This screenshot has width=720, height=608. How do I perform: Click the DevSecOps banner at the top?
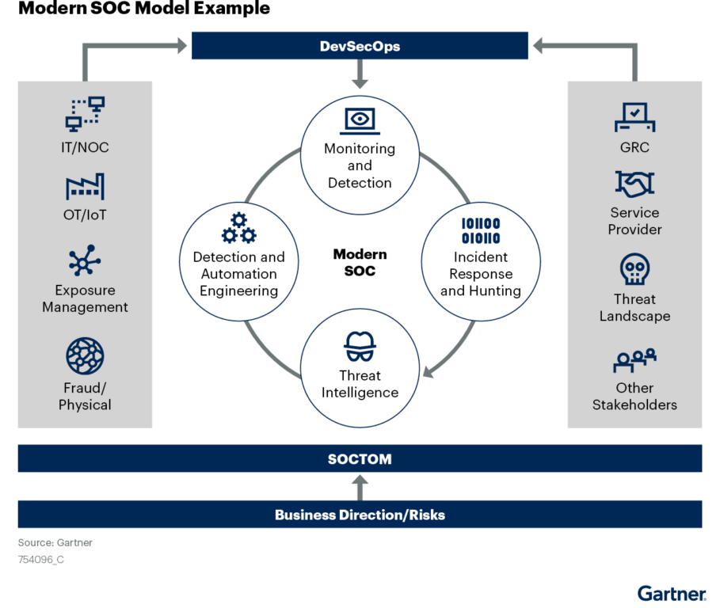[x=360, y=46]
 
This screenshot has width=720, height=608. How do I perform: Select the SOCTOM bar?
[x=360, y=459]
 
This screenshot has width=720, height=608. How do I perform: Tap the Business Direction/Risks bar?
[x=360, y=515]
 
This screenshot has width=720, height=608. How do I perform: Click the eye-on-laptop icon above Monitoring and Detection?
[x=360, y=120]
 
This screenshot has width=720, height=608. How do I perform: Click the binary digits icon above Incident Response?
[x=481, y=230]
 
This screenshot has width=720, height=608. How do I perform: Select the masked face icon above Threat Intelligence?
[x=360, y=346]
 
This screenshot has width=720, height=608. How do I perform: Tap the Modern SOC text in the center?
[x=360, y=262]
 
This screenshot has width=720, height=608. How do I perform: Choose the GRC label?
[x=634, y=147]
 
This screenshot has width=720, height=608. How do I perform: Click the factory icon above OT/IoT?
[x=85, y=188]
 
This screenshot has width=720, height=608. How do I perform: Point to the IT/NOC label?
[x=85, y=147]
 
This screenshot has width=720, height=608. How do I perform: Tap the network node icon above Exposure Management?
[x=85, y=260]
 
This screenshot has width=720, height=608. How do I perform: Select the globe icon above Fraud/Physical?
[x=85, y=355]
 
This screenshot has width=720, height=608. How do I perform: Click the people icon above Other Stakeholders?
[x=634, y=360]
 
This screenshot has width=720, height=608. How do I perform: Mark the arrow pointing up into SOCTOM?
[x=360, y=486]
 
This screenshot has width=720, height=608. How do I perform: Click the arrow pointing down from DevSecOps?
[x=360, y=74]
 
